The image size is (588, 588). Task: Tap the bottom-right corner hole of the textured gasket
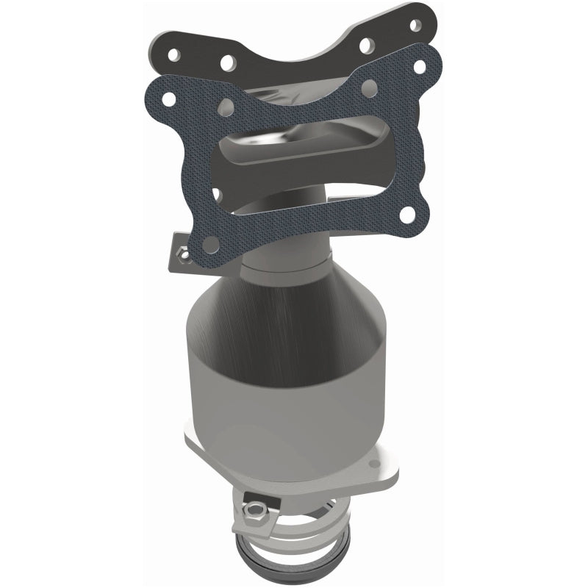pyautogui.click(x=406, y=215)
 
